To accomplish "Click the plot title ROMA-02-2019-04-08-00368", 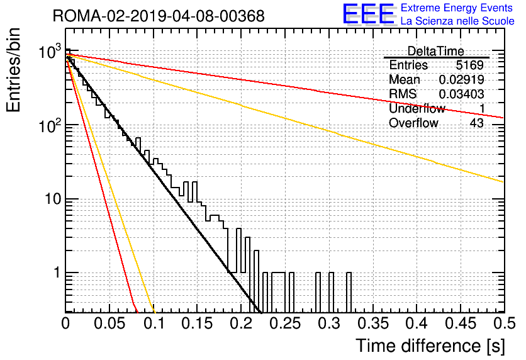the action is [x=159, y=16].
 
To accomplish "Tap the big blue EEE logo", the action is [x=369, y=14].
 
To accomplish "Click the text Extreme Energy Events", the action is [x=457, y=8].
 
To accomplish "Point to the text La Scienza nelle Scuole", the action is [x=457, y=21].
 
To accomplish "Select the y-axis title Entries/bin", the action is [x=13, y=70].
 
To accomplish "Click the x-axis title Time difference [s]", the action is [x=430, y=346].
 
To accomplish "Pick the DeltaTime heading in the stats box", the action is [x=435, y=51].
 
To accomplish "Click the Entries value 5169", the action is [x=469, y=65].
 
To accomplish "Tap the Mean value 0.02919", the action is [x=461, y=79].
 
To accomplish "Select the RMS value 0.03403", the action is [x=461, y=94].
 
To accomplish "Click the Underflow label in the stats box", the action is [x=417, y=108].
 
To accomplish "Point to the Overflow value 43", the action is [x=477, y=123].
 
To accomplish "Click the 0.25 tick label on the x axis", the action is [x=286, y=323].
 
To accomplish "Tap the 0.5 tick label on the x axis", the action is [x=505, y=323].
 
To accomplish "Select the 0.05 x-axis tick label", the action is [x=109, y=323].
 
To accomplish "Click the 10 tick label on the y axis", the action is [x=53, y=199].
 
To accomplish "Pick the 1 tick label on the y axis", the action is [x=57, y=273].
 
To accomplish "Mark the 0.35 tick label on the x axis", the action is [x=373, y=323].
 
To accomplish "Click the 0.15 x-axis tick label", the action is [x=198, y=323].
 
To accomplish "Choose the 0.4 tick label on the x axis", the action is [x=417, y=323].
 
